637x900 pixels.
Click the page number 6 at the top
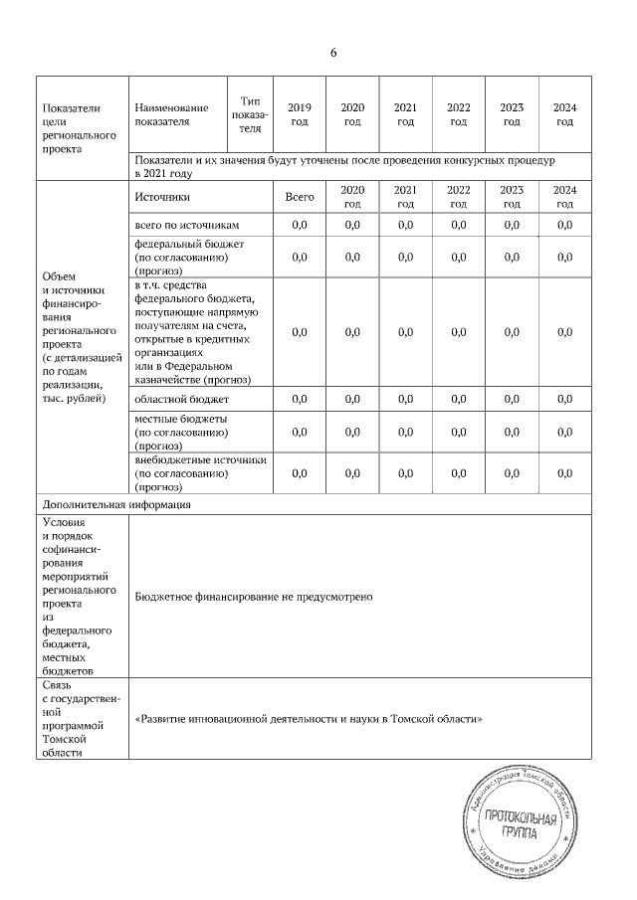click(333, 53)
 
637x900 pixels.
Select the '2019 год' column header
click(299, 114)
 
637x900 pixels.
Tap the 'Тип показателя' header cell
click(250, 114)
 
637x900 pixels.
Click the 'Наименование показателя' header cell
click(173, 114)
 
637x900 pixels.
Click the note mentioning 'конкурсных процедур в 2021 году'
click(344, 165)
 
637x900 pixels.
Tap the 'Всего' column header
click(299, 197)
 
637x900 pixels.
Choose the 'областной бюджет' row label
click(174, 399)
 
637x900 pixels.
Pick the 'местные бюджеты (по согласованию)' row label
click(181, 432)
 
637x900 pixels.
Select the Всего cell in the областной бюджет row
click(299, 399)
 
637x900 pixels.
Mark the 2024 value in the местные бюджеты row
click(564, 432)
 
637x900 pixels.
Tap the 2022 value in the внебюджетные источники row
click(458, 473)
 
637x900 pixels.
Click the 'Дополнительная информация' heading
click(116, 504)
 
